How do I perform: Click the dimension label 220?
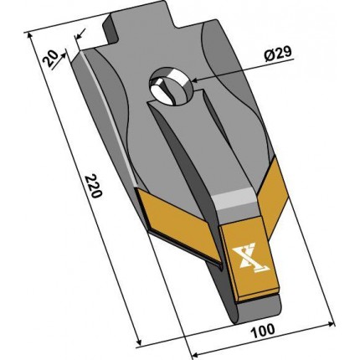[x=94, y=186]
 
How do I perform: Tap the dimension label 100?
[x=263, y=331]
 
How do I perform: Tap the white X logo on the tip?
[x=250, y=257]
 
